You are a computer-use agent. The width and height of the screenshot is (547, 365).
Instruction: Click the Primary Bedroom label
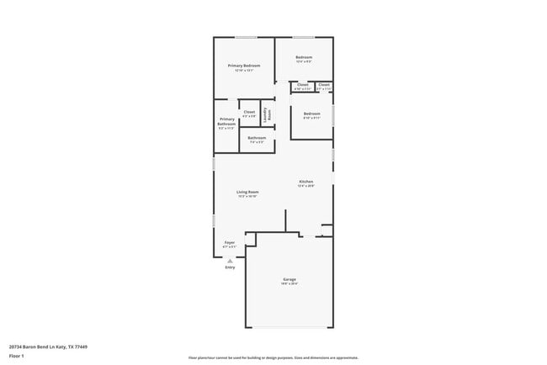coord(244,65)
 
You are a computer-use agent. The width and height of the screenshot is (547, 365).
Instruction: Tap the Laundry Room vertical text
coord(269,111)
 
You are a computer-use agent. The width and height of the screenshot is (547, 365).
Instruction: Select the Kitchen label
coord(305,182)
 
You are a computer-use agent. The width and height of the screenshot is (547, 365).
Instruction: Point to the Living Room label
coord(247,192)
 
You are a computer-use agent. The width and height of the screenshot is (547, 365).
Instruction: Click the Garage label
coord(289,279)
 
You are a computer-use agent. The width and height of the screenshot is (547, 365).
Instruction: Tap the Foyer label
coord(229,242)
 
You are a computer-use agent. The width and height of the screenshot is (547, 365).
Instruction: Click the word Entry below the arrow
coord(230,267)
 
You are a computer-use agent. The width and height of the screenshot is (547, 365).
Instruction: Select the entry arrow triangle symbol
coord(230,261)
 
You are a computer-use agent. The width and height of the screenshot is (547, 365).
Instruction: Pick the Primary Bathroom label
coord(226,122)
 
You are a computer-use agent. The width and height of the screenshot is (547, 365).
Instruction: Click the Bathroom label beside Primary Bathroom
coord(257,138)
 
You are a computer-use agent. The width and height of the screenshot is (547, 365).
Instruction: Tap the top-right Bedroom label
coord(304,57)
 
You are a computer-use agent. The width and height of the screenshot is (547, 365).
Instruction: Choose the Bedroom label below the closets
coord(311,114)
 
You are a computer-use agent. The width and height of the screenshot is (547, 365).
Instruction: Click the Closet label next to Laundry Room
coord(249,112)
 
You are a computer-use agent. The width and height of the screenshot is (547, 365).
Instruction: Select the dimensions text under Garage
coord(289,284)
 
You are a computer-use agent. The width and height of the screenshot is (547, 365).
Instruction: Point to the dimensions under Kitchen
coord(305,186)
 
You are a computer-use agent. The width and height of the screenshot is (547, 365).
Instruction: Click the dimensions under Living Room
coord(247,197)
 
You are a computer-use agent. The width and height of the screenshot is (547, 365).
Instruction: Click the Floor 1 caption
coord(16,356)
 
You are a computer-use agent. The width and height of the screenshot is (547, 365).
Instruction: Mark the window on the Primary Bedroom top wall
coord(245,37)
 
